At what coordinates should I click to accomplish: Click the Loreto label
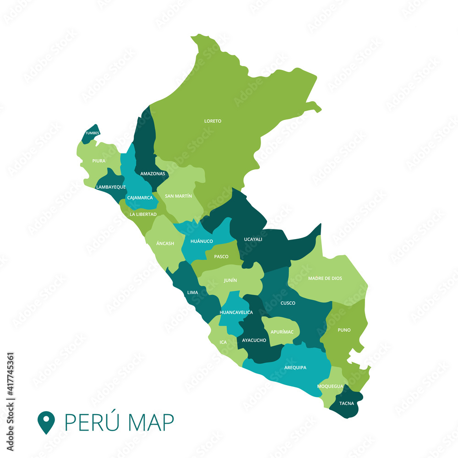[213, 121]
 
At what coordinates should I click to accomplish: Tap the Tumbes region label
[91, 133]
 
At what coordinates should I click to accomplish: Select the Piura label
[98, 161]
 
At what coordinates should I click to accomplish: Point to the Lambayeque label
[111, 187]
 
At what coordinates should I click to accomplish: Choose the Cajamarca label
[140, 198]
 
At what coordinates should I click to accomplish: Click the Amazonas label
[153, 174]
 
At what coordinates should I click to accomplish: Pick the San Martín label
[178, 196]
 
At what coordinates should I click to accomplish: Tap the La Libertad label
[143, 214]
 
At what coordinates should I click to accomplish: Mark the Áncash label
[165, 243]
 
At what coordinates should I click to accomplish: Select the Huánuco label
[202, 241]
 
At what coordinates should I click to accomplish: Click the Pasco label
[221, 256]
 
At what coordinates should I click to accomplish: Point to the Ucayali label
[253, 239]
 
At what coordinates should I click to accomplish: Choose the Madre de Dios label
[325, 278]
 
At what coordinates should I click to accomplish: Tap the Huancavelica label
[236, 312]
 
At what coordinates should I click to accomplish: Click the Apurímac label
[282, 331]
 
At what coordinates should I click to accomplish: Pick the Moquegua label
[330, 386]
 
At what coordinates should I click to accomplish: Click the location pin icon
[46, 422]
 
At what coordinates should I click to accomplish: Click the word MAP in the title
[152, 422]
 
